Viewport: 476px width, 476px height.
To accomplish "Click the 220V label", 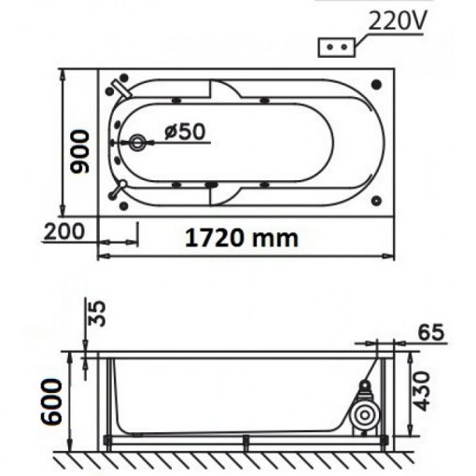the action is pyautogui.click(x=397, y=21).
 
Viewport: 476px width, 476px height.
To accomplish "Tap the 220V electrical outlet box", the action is pyautogui.click(x=336, y=48).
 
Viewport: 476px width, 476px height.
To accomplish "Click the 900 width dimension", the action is pyautogui.click(x=79, y=152).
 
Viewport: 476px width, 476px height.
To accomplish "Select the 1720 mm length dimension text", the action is pyautogui.click(x=242, y=238).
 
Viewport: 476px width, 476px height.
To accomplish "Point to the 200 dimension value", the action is pyautogui.click(x=64, y=231).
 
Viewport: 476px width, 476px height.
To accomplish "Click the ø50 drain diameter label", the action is pyautogui.click(x=185, y=132).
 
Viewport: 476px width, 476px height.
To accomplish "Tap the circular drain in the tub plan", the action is pyautogui.click(x=136, y=143).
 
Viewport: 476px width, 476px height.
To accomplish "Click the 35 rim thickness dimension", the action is pyautogui.click(x=96, y=313).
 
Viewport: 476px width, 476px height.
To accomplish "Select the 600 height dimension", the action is pyautogui.click(x=52, y=401).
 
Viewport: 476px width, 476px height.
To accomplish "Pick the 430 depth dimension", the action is pyautogui.click(x=422, y=391).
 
